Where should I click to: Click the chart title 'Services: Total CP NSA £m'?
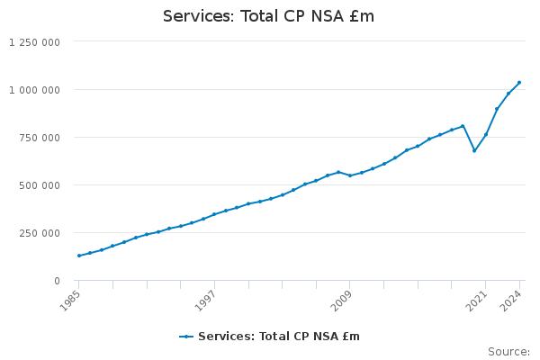[268, 16]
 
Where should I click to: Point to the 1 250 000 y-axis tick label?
[35, 42]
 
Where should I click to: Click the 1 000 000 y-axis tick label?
[35, 90]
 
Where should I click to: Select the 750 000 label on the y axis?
[41, 138]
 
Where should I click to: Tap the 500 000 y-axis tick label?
[41, 185]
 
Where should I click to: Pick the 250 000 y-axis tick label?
[41, 233]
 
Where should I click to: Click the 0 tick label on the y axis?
[57, 281]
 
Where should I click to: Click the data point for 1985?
[78, 256]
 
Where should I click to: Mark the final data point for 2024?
[519, 83]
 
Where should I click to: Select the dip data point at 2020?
[474, 150]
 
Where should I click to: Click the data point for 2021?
[485, 135]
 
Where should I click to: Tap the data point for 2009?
[350, 175]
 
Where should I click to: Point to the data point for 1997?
[214, 214]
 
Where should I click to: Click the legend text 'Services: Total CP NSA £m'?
[278, 337]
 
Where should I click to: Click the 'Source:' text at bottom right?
[508, 351]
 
